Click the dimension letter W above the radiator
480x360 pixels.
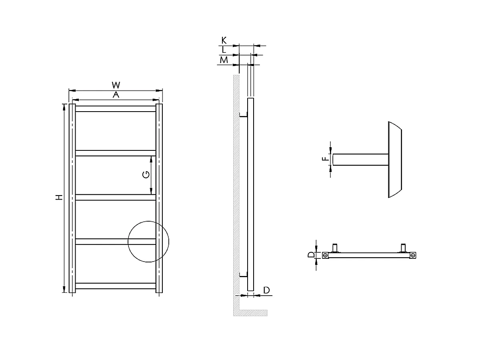point(116,85)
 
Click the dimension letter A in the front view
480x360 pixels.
point(116,95)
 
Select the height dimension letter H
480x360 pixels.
point(59,197)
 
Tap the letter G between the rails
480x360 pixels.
point(146,174)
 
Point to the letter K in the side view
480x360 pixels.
point(224,40)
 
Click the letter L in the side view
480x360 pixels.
point(224,50)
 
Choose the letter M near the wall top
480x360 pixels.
point(224,60)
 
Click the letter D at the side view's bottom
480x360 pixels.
point(266,290)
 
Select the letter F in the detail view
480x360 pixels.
point(326,159)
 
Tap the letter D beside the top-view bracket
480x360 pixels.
point(310,255)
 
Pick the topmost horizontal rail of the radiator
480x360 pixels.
point(116,108)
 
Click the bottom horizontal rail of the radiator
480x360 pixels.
point(116,286)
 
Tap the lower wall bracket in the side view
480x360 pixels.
point(244,275)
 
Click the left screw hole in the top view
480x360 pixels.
point(326,255)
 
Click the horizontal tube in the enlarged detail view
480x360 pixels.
point(360,160)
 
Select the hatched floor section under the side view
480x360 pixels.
point(250,312)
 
